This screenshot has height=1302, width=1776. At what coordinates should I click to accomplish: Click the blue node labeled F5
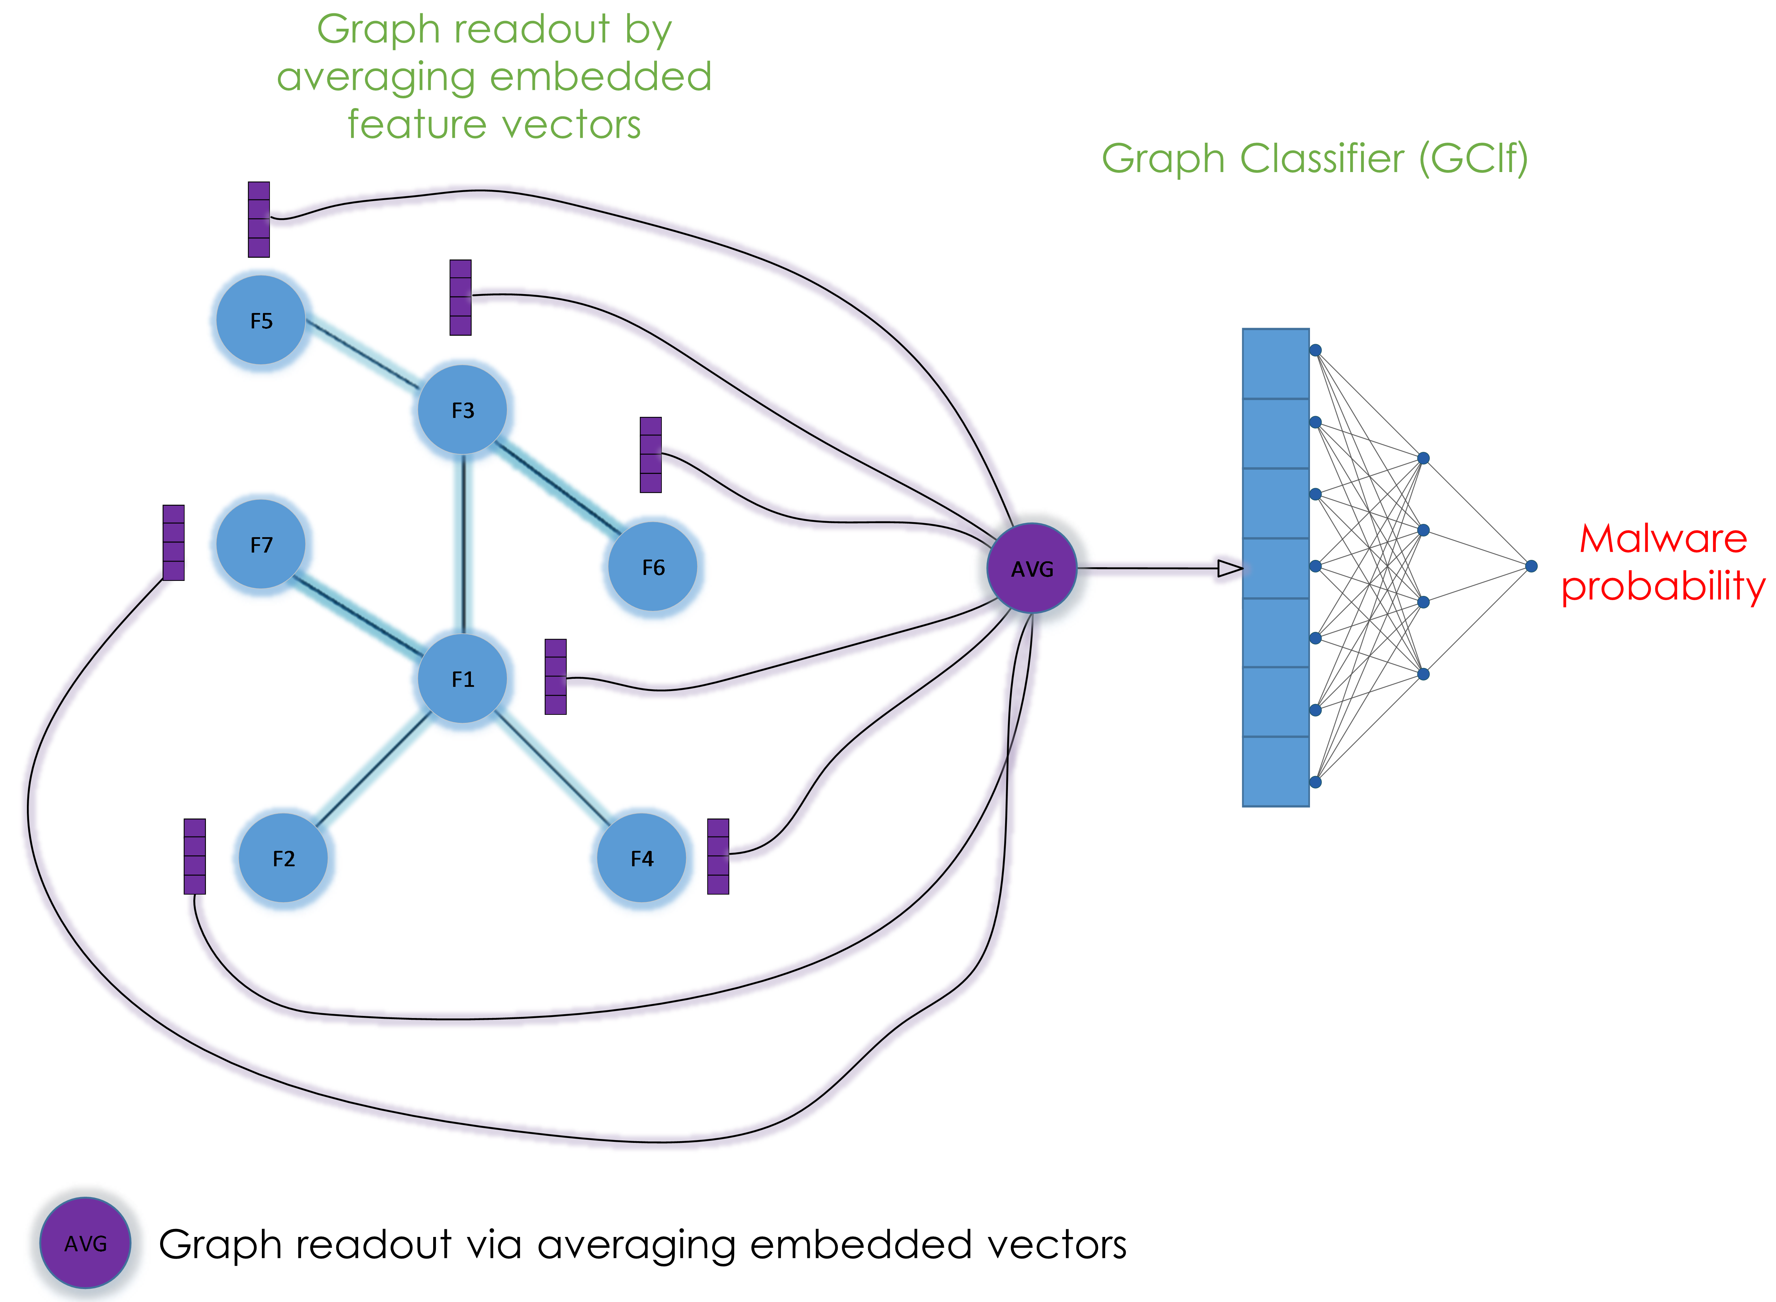pyautogui.click(x=261, y=320)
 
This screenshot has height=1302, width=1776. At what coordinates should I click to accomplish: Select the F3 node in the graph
pyautogui.click(x=463, y=410)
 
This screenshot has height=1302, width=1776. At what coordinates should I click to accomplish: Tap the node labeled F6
pyautogui.click(x=653, y=567)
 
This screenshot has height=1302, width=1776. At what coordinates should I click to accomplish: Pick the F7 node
pyautogui.click(x=261, y=544)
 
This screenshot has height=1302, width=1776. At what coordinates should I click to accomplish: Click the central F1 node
pyautogui.click(x=463, y=678)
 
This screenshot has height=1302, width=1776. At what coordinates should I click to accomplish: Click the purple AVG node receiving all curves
pyautogui.click(x=1032, y=568)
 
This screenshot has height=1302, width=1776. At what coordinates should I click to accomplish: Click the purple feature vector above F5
pyautogui.click(x=258, y=219)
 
